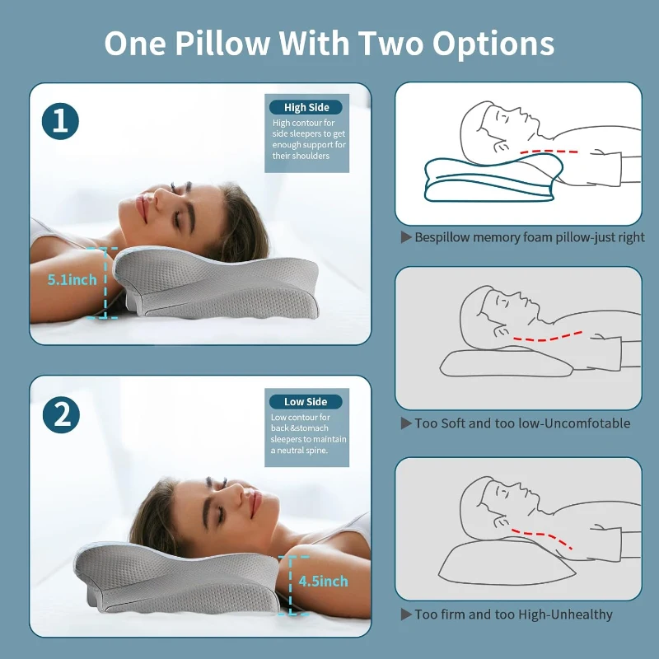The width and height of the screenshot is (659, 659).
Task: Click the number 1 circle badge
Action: pos(60,122)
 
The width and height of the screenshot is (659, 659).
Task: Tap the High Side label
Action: pos(306,107)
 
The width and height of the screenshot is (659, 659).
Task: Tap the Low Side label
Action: pos(306,402)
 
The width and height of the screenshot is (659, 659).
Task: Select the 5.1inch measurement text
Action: pos(72,280)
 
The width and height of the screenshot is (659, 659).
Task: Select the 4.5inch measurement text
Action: pos(323,581)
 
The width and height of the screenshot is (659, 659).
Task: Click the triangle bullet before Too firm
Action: pos(405,615)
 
